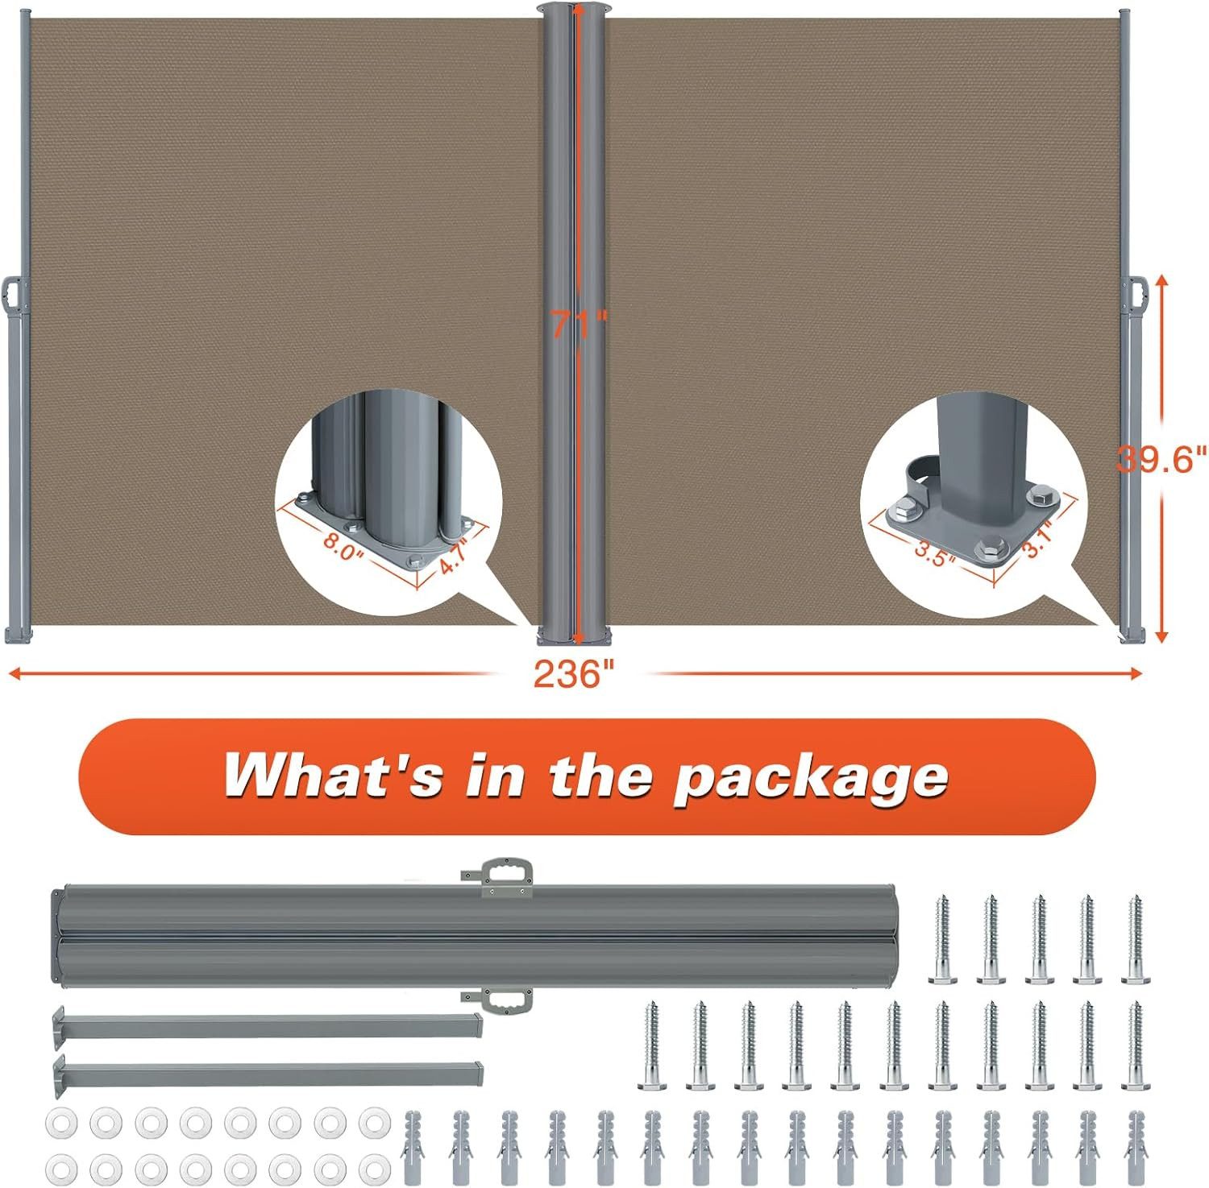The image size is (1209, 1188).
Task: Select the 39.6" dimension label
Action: point(1162,459)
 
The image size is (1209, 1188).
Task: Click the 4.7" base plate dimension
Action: point(455,556)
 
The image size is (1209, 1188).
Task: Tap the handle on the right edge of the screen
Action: point(1137,298)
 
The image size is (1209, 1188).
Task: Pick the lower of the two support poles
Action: point(268,1073)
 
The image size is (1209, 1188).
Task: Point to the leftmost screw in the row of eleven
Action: point(652,1045)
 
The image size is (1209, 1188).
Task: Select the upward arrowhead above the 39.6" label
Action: point(1161,282)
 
